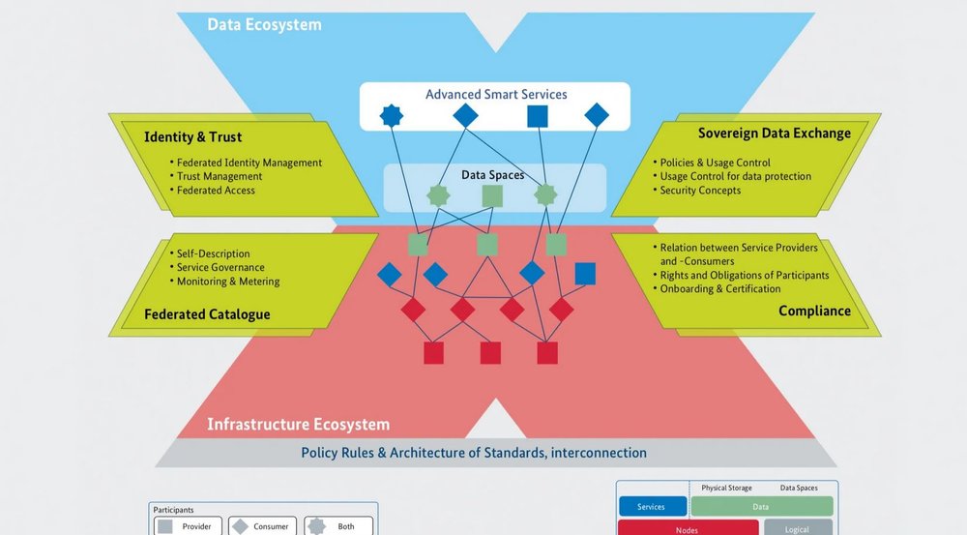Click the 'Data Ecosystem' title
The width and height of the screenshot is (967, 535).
pos(264,24)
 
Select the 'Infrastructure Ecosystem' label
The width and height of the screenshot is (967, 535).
pos(298,424)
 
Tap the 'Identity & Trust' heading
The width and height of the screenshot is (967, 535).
pos(192,136)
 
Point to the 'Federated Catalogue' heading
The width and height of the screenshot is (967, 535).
pos(207,313)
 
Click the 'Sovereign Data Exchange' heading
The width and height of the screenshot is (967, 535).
pos(774,133)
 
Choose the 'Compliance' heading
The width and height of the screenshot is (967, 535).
pos(814,311)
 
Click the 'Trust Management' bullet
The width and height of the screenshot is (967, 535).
pos(220,176)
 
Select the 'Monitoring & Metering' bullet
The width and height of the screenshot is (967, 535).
pos(228,282)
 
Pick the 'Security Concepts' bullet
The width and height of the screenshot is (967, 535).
pos(700,191)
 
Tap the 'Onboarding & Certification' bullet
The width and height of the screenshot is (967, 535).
pos(720,288)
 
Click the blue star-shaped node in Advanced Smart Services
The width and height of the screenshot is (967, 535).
pos(392,116)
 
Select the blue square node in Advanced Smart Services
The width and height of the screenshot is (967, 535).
pos(538,116)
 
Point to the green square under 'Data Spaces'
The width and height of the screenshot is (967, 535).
pos(492,195)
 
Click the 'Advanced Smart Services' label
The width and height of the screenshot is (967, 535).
pos(496,94)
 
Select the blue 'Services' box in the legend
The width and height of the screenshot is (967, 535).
pos(651,507)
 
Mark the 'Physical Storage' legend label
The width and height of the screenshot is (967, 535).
pos(727,489)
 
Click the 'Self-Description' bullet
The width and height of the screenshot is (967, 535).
pos(213,253)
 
